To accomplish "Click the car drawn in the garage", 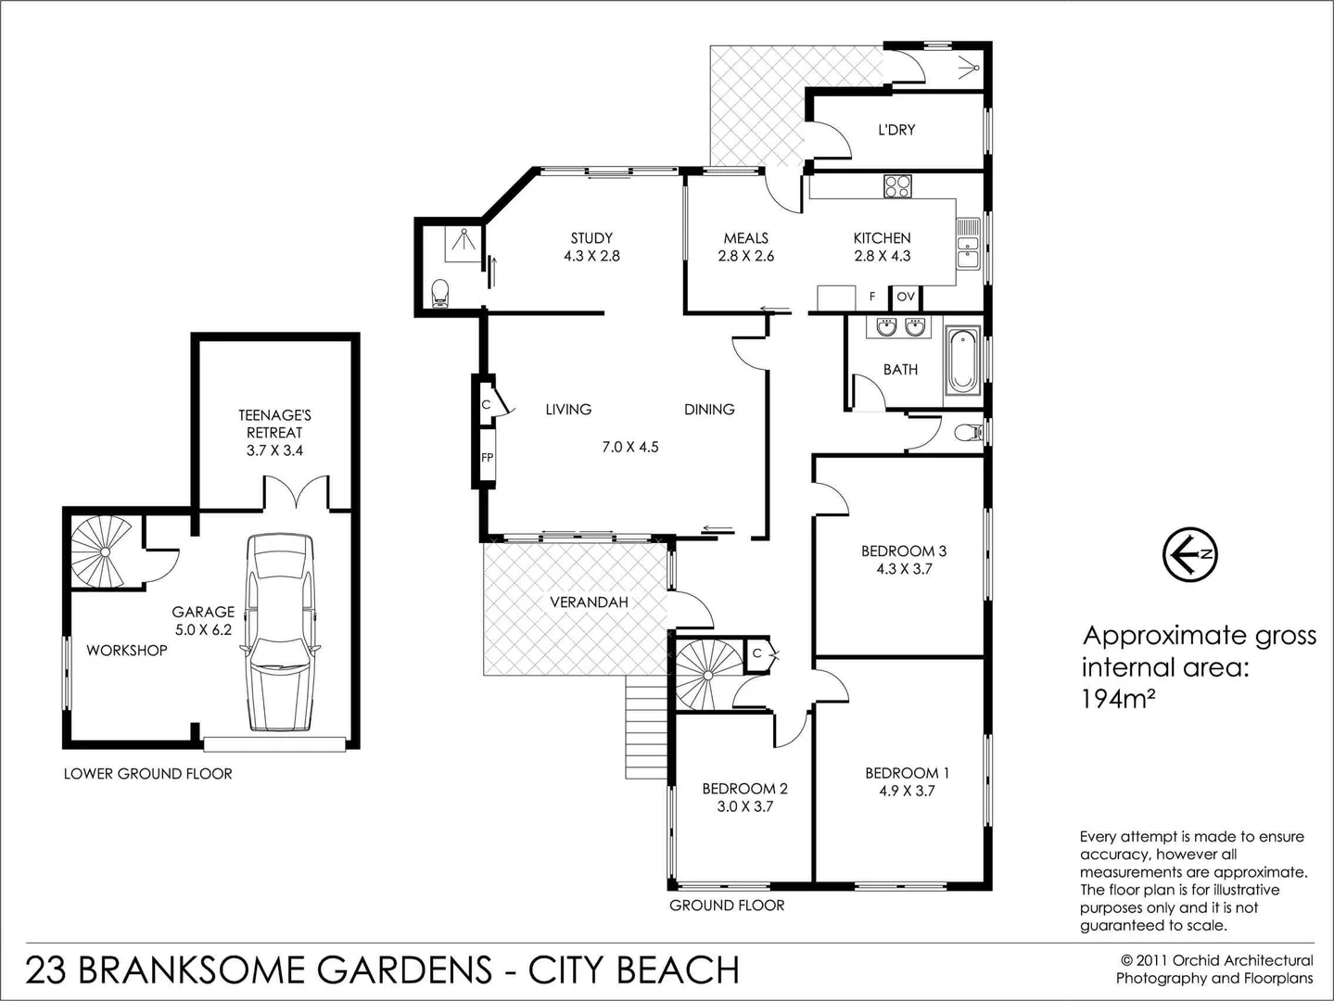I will (281, 632).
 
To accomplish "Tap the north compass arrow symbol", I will (1189, 554).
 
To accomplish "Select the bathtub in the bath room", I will (962, 361).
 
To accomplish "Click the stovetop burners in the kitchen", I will (896, 186).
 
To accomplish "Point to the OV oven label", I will (906, 298).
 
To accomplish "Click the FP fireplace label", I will (487, 457).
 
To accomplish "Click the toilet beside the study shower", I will (440, 294).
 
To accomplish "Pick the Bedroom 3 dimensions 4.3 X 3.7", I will (904, 569).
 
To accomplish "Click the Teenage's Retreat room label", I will (274, 432).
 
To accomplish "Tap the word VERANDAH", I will (589, 602).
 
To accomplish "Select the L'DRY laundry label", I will (896, 130).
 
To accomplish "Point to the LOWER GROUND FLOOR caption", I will (147, 774).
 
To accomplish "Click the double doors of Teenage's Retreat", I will (296, 492).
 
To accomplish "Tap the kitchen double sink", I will (967, 243).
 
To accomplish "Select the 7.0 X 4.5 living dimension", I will (630, 447).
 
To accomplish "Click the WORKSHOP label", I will (127, 651).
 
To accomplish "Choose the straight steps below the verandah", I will (645, 727).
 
